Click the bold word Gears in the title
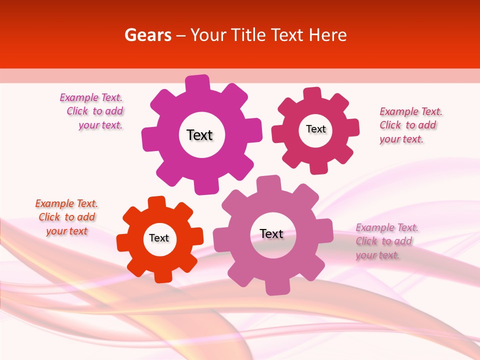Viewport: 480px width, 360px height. tap(147, 35)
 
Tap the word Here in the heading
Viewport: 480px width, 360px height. tap(327, 35)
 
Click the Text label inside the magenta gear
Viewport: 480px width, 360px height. tap(199, 135)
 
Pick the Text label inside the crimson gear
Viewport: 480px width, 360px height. tap(315, 129)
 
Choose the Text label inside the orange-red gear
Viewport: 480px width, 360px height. tap(159, 238)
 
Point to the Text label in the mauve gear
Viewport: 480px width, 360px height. tap(271, 233)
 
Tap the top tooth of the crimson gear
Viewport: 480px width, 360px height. tap(312, 94)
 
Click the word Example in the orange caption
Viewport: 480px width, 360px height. tap(54, 203)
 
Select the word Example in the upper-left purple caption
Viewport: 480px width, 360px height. tap(78, 97)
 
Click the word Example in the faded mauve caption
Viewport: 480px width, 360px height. tap(374, 227)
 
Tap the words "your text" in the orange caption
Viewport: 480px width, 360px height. tap(66, 231)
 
